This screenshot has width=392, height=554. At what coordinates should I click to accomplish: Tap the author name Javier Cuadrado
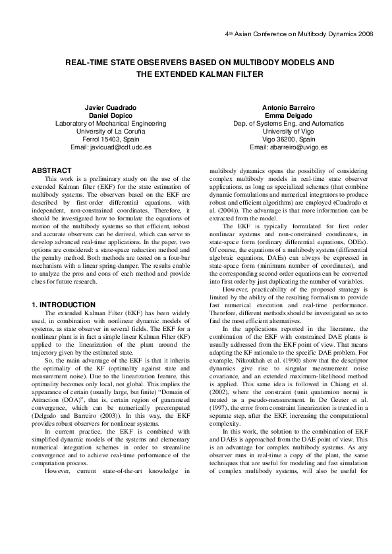pyautogui.click(x=111, y=107)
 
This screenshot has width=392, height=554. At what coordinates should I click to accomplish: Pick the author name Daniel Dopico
pyautogui.click(x=111, y=115)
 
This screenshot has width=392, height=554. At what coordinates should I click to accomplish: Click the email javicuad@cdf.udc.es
pyautogui.click(x=123, y=147)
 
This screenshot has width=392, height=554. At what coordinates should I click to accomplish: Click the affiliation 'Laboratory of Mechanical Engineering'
pyautogui.click(x=111, y=123)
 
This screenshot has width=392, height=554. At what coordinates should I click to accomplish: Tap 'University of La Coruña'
pyautogui.click(x=111, y=131)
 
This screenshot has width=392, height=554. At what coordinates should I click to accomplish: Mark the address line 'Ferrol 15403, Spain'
pyautogui.click(x=111, y=139)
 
